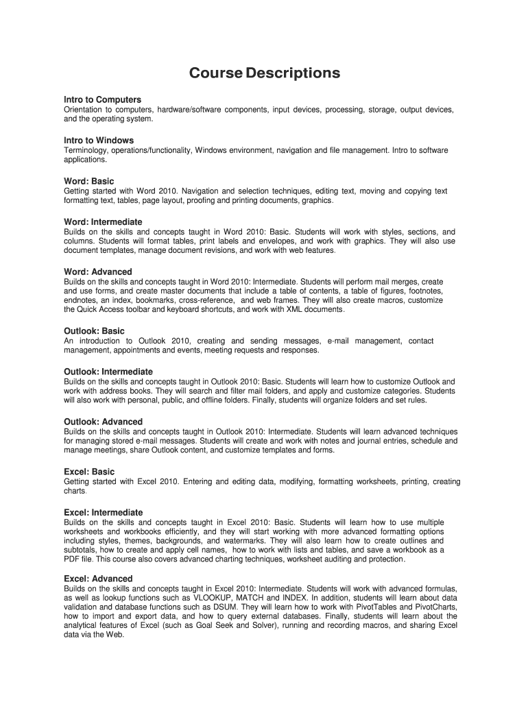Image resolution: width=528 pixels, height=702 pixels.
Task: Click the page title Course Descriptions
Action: click(x=264, y=73)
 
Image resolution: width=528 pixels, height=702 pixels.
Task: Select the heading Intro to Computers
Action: click(x=102, y=99)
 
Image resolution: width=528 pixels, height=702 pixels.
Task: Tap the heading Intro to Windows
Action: click(x=99, y=141)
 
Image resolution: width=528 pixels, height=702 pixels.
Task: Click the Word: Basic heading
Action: click(x=89, y=181)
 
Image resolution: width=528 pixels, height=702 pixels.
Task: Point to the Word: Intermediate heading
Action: click(x=103, y=222)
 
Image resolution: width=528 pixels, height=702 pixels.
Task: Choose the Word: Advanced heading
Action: click(x=97, y=271)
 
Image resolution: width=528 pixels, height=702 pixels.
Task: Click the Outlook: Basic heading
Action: click(x=94, y=331)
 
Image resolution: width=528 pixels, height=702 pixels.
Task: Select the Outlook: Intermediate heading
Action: click(x=108, y=372)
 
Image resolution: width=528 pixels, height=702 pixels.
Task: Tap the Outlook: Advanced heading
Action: click(x=103, y=422)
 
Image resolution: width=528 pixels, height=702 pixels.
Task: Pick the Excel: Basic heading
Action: click(x=89, y=472)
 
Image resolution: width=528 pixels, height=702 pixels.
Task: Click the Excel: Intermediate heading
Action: click(x=103, y=512)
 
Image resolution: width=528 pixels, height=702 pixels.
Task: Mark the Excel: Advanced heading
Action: click(x=98, y=579)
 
